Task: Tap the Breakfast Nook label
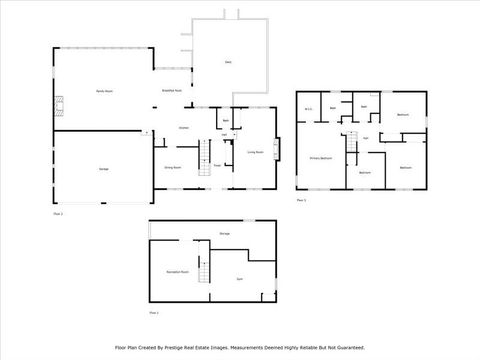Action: pyautogui.click(x=171, y=91)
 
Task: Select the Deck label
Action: pyautogui.click(x=228, y=63)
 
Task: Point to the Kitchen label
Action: pyautogui.click(x=184, y=128)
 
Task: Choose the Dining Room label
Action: pyautogui.click(x=172, y=168)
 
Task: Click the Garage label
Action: pyautogui.click(x=103, y=169)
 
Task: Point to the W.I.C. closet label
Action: pyautogui.click(x=310, y=109)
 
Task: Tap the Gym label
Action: pyautogui.click(x=240, y=279)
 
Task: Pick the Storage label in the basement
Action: pyautogui.click(x=225, y=234)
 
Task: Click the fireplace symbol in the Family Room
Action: pyautogui.click(x=59, y=104)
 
